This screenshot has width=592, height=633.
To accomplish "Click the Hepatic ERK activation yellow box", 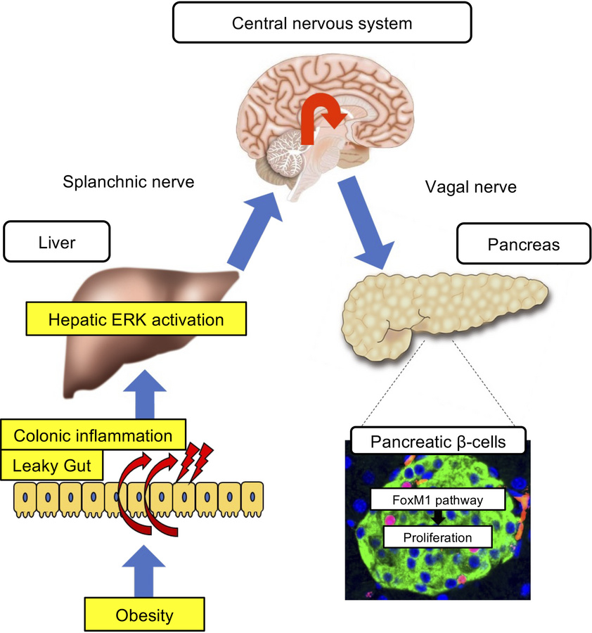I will click(x=136, y=319).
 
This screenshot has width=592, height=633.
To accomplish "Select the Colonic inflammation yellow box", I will click(x=94, y=436).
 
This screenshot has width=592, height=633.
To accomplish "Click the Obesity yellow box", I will click(x=144, y=615).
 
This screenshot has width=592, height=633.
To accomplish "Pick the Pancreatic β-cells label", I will click(x=438, y=442).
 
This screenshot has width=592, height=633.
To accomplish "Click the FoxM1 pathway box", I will click(x=439, y=501).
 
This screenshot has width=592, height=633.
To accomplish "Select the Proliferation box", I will click(x=437, y=538).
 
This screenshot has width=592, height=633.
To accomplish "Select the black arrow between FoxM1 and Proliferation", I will click(x=437, y=519).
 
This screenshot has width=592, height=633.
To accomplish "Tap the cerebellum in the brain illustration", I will click(x=288, y=155).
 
